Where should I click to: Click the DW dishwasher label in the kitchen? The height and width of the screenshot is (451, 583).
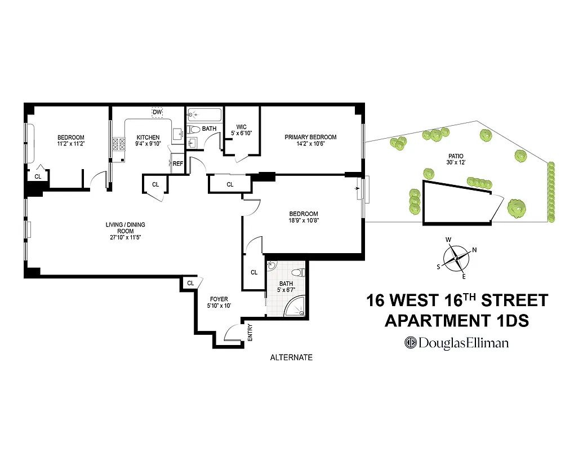pos(157,112)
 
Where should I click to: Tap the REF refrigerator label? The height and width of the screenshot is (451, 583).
pos(178,164)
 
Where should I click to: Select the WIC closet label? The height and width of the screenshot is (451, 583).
pos(242,127)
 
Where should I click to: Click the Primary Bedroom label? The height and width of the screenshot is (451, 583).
pos(310,137)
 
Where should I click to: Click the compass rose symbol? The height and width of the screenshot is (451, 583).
pos(456,258)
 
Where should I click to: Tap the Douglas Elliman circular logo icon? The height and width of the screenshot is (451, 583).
pos(410,342)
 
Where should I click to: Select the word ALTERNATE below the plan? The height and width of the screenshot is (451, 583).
pos(291,357)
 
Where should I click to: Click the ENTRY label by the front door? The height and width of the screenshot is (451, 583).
pos(250,333)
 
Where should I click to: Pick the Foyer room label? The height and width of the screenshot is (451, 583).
pos(219,299)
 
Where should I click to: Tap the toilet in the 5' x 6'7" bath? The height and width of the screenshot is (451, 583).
pos(299,272)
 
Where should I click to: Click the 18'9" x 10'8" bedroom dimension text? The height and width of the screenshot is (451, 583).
pos(304,220)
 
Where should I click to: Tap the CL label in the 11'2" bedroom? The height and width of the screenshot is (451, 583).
pos(38,176)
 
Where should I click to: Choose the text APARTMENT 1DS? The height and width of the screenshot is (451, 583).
pos(456,321)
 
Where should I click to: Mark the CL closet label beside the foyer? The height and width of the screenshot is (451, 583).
pos(190,283)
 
